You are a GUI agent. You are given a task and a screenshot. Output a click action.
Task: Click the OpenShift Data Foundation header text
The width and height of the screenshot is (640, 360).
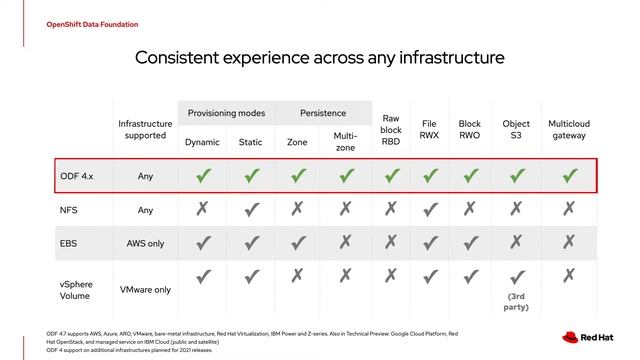coord(78,24)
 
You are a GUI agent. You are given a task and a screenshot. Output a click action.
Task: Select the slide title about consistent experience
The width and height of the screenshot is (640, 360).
coord(320,58)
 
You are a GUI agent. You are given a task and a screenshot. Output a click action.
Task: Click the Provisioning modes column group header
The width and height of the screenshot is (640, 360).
coord(225,113)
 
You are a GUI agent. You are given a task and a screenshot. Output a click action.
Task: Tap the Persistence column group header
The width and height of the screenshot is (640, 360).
coord(323,113)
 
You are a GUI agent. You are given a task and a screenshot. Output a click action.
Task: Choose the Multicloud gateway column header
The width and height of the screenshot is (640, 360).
coord(569,130)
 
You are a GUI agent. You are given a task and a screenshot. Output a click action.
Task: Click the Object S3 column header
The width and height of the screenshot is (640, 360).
coord(516,130)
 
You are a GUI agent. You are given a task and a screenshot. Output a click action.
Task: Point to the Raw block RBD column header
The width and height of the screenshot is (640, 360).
coord(391,130)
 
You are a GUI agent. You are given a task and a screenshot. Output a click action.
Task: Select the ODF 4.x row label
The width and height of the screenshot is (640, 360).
coord(76,176)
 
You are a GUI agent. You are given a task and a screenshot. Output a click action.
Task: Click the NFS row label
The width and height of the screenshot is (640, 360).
coord(69,211)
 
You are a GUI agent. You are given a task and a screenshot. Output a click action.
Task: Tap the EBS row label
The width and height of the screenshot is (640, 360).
coord(69,244)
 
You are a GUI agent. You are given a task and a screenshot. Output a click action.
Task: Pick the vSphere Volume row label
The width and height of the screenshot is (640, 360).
coord(77,290)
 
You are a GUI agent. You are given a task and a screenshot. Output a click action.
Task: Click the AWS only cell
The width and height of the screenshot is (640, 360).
coord(146,244)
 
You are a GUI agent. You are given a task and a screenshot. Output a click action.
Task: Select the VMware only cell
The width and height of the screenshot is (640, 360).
coord(146,290)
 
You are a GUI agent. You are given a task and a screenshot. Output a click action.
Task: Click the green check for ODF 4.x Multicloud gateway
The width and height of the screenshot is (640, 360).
coord(569,176)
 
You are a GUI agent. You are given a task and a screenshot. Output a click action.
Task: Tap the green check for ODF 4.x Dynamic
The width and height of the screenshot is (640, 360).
coord(203,176)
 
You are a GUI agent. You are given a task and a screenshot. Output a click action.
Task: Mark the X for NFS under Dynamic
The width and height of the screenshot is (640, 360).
coord(203,209)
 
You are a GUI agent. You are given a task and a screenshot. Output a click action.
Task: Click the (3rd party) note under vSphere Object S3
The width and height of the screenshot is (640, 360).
coord(516,302)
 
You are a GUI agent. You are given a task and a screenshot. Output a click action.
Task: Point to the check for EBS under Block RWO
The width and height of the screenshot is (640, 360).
coord(470,243)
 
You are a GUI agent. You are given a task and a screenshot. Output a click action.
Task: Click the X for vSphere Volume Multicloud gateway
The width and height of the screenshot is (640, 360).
coord(569,277)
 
